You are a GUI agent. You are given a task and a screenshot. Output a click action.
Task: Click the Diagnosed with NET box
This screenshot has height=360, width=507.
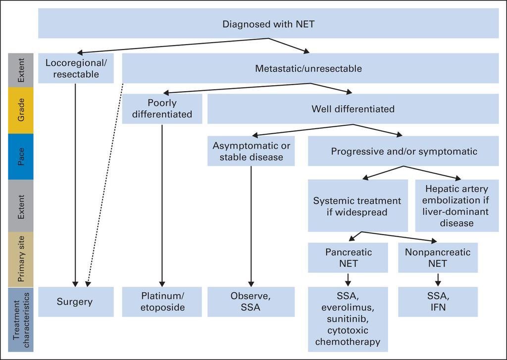pyautogui.click(x=268, y=24)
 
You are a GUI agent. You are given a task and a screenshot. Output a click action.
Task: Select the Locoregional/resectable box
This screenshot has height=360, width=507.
pyautogui.click(x=76, y=68)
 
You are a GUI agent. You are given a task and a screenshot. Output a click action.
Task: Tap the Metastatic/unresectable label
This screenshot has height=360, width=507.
pyautogui.click(x=308, y=68)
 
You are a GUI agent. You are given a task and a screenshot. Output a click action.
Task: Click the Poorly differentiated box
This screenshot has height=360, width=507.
pyautogui.click(x=162, y=109)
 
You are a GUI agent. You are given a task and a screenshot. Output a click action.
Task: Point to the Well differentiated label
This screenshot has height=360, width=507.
pyautogui.click(x=353, y=109)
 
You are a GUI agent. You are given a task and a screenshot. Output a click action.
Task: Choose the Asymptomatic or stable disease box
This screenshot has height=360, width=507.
pyautogui.click(x=251, y=152)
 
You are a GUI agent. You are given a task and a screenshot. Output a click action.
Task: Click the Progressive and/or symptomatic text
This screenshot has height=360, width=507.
pyautogui.click(x=404, y=152)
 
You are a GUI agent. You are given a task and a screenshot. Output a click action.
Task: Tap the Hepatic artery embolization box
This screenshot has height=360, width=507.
pyautogui.click(x=456, y=206)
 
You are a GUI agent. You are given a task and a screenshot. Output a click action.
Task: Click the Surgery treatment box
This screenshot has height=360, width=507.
pyautogui.click(x=76, y=302)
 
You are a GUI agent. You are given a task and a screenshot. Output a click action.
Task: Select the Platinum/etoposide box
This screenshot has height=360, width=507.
pyautogui.click(x=162, y=302)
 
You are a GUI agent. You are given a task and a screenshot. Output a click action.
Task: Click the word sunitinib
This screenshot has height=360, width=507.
pyautogui.click(x=348, y=318)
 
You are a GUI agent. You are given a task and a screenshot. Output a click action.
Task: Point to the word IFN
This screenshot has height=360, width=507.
pyautogui.click(x=438, y=307)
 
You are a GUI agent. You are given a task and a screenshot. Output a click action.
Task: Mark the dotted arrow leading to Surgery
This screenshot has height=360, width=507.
pyautogui.click(x=105, y=183)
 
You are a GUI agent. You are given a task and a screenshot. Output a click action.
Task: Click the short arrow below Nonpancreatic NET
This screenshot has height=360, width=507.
pyautogui.click(x=438, y=280)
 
